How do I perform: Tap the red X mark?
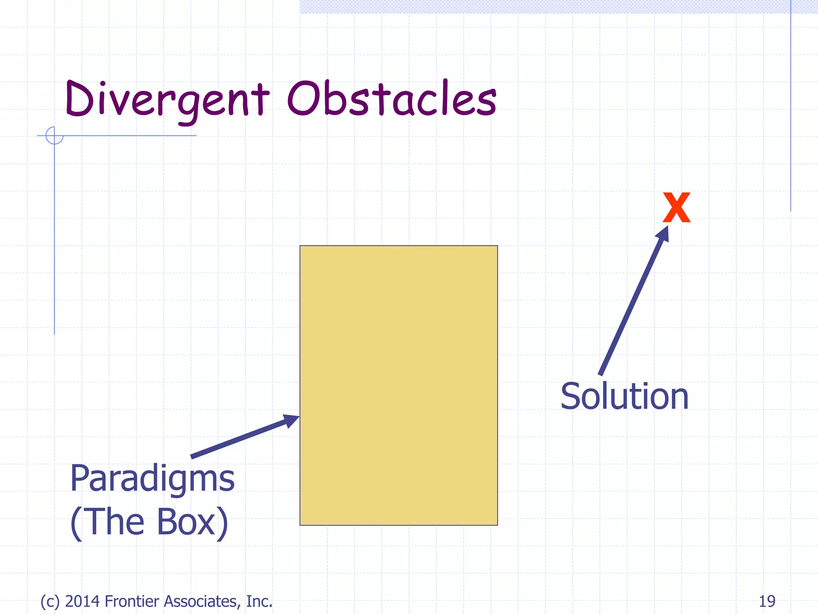676,207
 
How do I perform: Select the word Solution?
625,397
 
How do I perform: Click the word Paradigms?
152,479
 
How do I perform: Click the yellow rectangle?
399,385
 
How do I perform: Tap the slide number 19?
767,601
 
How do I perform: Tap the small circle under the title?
54,136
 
